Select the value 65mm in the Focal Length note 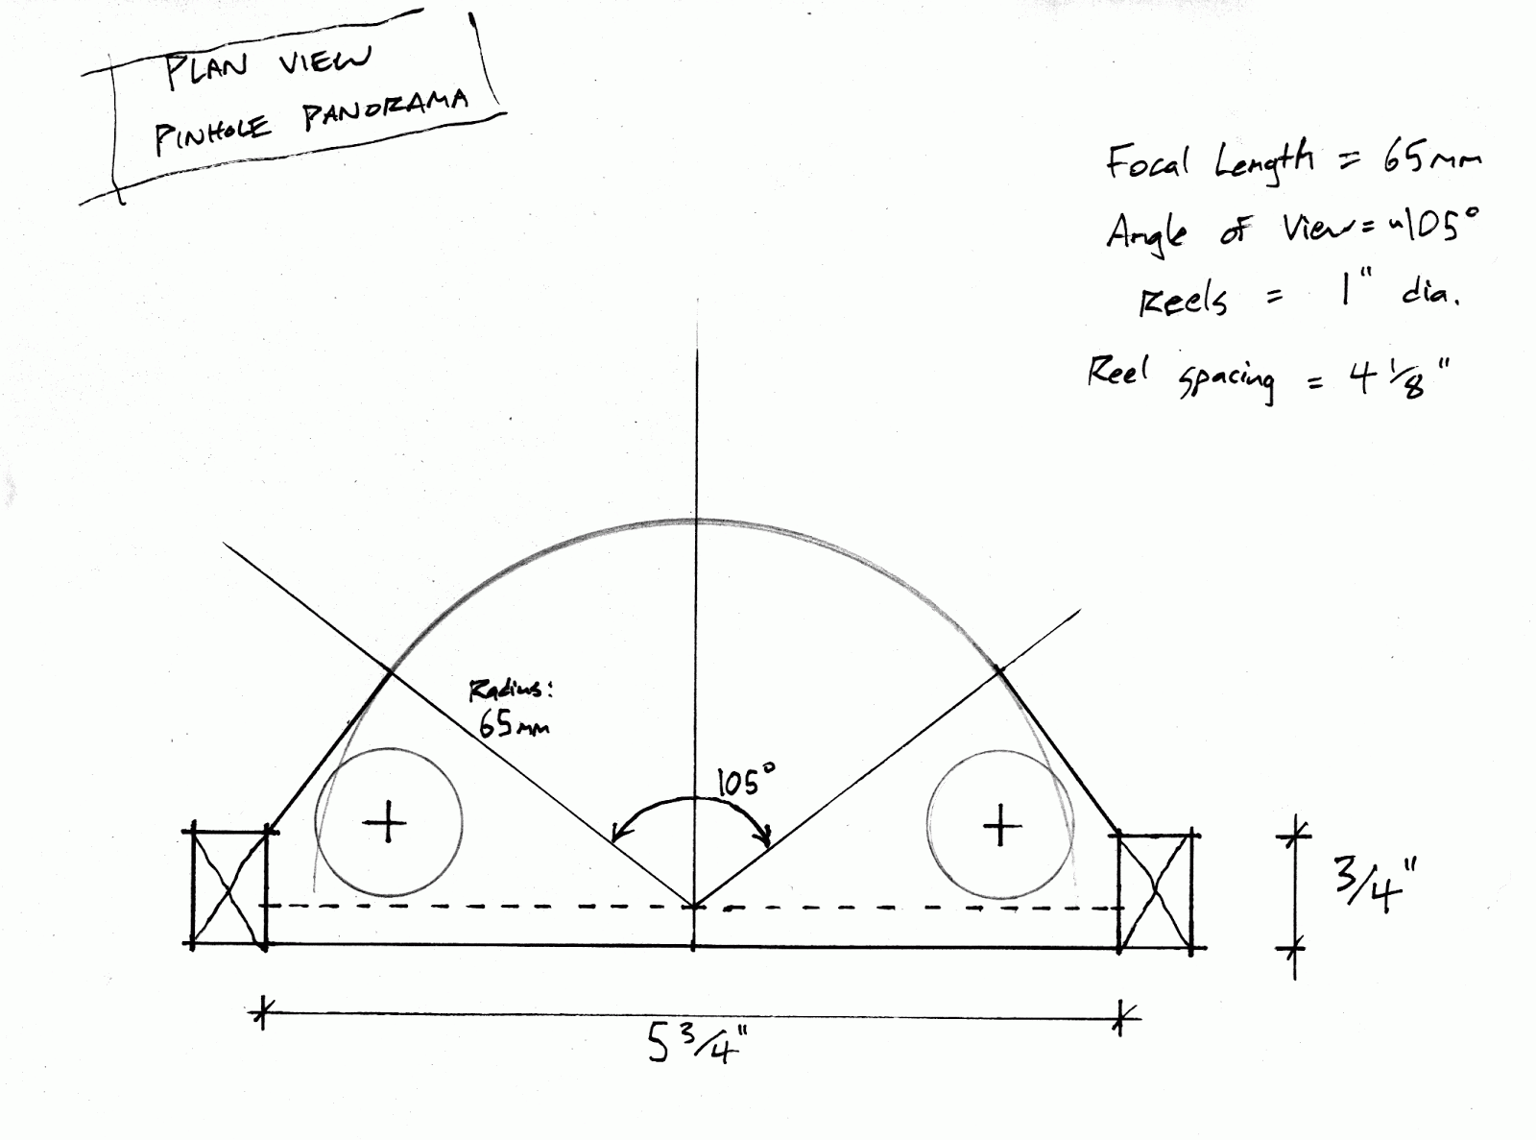point(1431,161)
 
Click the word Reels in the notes point(1183,302)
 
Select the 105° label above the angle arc point(745,781)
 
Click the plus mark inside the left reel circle point(388,823)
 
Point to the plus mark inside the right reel point(1001,825)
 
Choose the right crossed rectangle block point(1156,891)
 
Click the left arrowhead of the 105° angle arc point(617,837)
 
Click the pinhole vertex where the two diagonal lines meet point(694,905)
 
